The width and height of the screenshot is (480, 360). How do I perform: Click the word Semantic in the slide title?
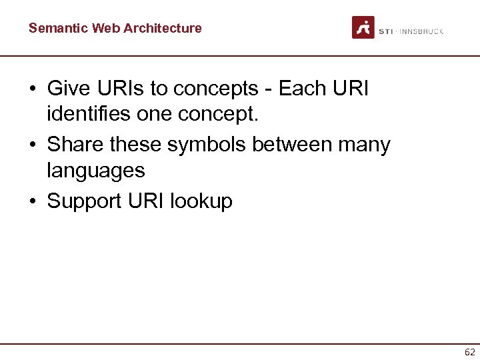click(58, 28)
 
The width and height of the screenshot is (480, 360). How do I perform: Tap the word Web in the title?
click(104, 28)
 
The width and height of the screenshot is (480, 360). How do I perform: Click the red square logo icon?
click(363, 27)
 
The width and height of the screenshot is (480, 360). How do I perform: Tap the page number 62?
click(470, 353)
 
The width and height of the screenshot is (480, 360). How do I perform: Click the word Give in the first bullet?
click(69, 88)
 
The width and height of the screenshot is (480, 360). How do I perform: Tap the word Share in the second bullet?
click(75, 144)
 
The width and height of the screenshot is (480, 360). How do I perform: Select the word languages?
click(96, 171)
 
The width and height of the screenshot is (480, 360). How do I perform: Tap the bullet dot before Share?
click(33, 145)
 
